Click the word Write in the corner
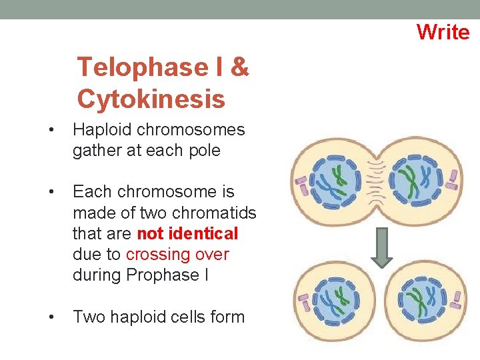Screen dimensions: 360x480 (x=443, y=31)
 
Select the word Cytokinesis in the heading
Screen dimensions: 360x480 (x=151, y=99)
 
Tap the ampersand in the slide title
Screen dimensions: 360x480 (x=241, y=67)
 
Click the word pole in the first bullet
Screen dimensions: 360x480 (x=205, y=151)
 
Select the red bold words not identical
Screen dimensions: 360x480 (x=187, y=234)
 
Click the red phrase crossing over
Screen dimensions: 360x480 (x=177, y=255)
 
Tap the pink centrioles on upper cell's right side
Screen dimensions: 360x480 (x=453, y=179)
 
